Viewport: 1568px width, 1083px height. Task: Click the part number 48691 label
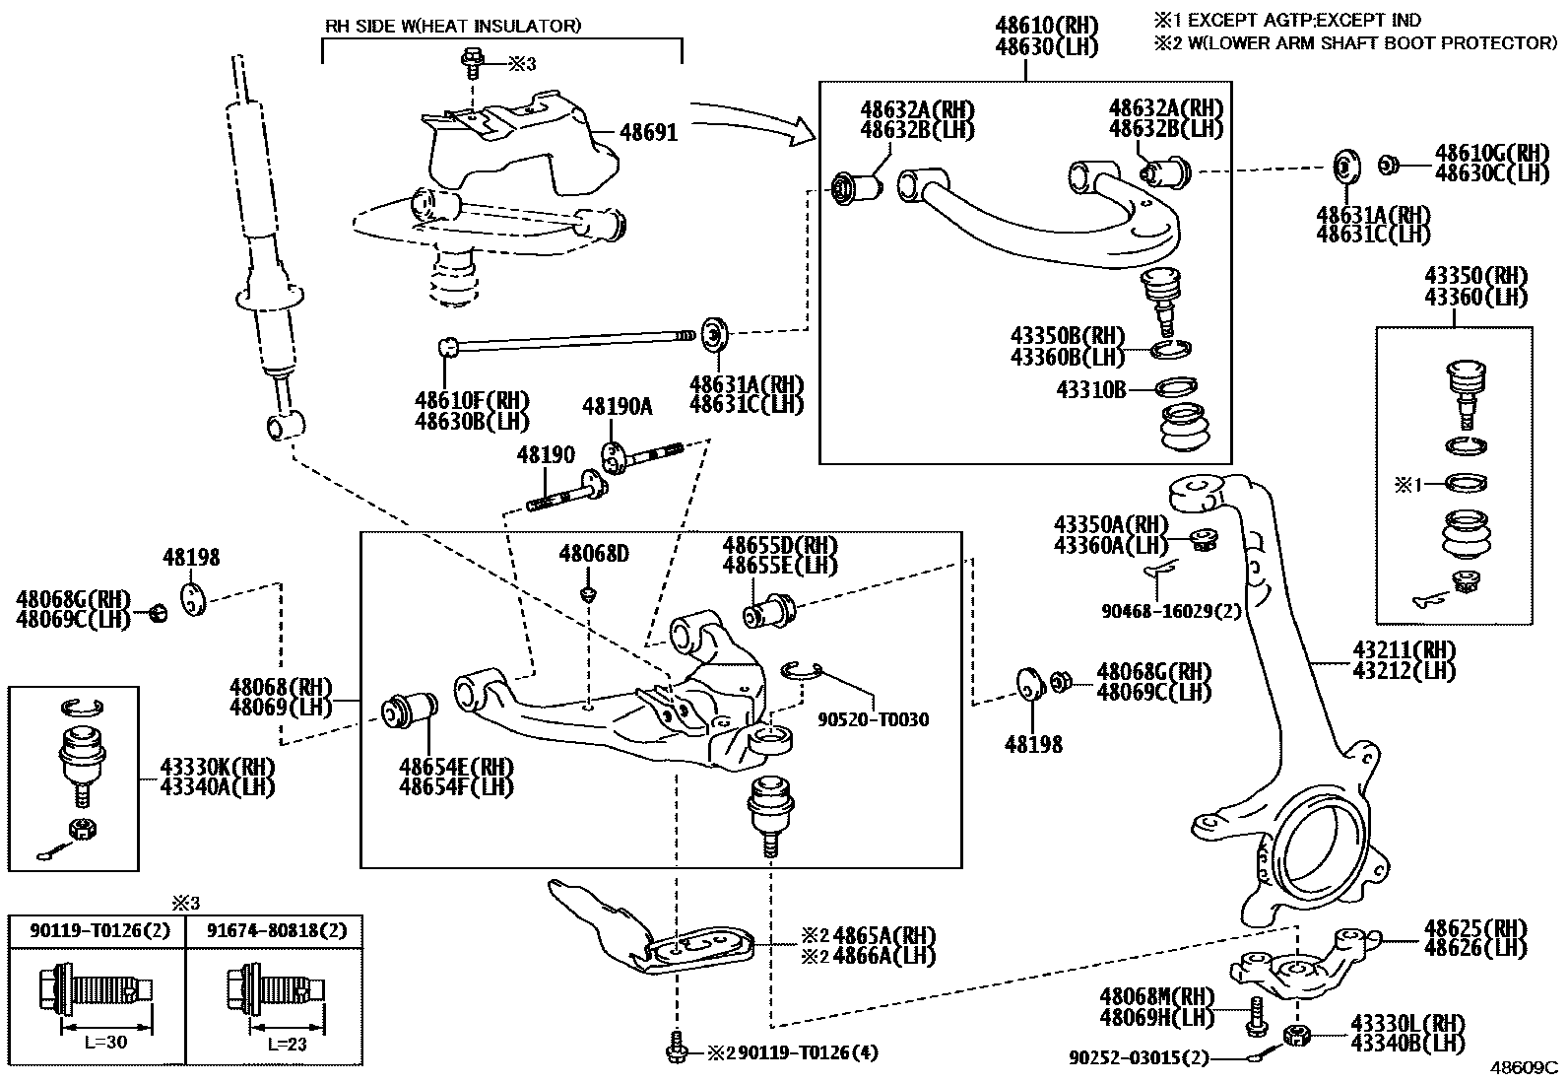(x=648, y=131)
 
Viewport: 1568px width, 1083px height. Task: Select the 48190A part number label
(x=617, y=406)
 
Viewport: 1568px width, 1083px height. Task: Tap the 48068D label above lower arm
(x=593, y=554)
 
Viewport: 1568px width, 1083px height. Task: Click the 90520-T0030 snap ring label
(x=873, y=719)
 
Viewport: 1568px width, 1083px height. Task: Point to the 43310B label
(x=1090, y=390)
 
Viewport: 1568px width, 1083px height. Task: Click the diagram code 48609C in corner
(x=1524, y=1067)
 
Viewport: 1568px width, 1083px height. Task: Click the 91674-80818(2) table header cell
(x=277, y=930)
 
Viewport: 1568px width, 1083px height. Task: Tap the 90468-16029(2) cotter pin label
(x=1171, y=611)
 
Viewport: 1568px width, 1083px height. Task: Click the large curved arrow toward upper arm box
(x=753, y=118)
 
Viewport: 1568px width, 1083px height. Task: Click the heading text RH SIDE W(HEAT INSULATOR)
(x=453, y=26)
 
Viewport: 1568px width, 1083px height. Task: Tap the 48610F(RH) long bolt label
(x=472, y=400)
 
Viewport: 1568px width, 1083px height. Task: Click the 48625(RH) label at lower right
(x=1474, y=928)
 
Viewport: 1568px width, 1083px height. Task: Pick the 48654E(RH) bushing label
(x=456, y=767)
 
